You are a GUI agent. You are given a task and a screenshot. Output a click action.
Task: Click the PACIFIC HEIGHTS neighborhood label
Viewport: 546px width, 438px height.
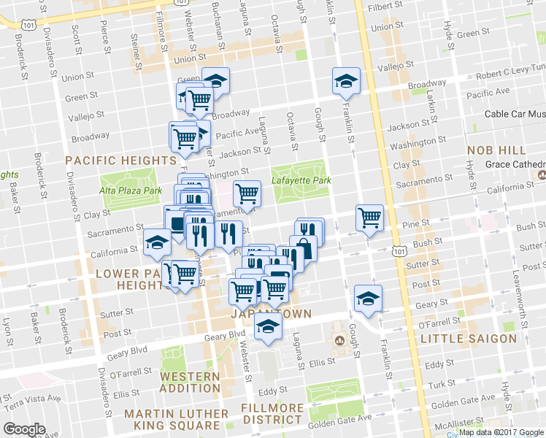point(120,160)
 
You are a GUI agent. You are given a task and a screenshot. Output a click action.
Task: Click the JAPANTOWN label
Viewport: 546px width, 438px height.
point(271,314)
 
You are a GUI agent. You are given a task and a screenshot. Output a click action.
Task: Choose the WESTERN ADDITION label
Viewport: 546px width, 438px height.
point(190,383)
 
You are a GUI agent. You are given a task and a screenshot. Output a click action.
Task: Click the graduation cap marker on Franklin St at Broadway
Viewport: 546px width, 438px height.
point(345,81)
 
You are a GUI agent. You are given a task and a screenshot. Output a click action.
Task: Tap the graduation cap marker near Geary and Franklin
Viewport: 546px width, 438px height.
point(368,297)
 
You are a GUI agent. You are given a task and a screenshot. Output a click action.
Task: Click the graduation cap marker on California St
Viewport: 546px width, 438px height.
point(157,242)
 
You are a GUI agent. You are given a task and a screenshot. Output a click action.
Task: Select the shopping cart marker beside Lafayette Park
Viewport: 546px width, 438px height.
point(247,193)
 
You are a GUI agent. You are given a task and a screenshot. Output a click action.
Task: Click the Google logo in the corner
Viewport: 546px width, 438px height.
point(24,429)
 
